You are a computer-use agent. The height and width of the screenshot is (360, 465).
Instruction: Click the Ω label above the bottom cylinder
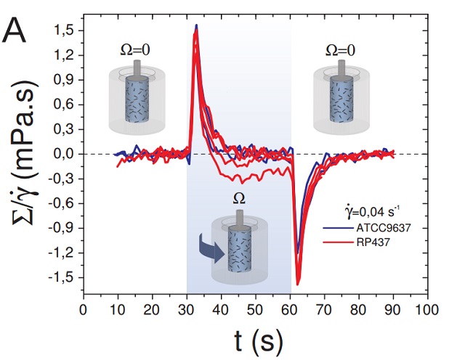pos(238,198)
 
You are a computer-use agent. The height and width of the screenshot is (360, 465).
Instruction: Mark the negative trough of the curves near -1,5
pos(298,282)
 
